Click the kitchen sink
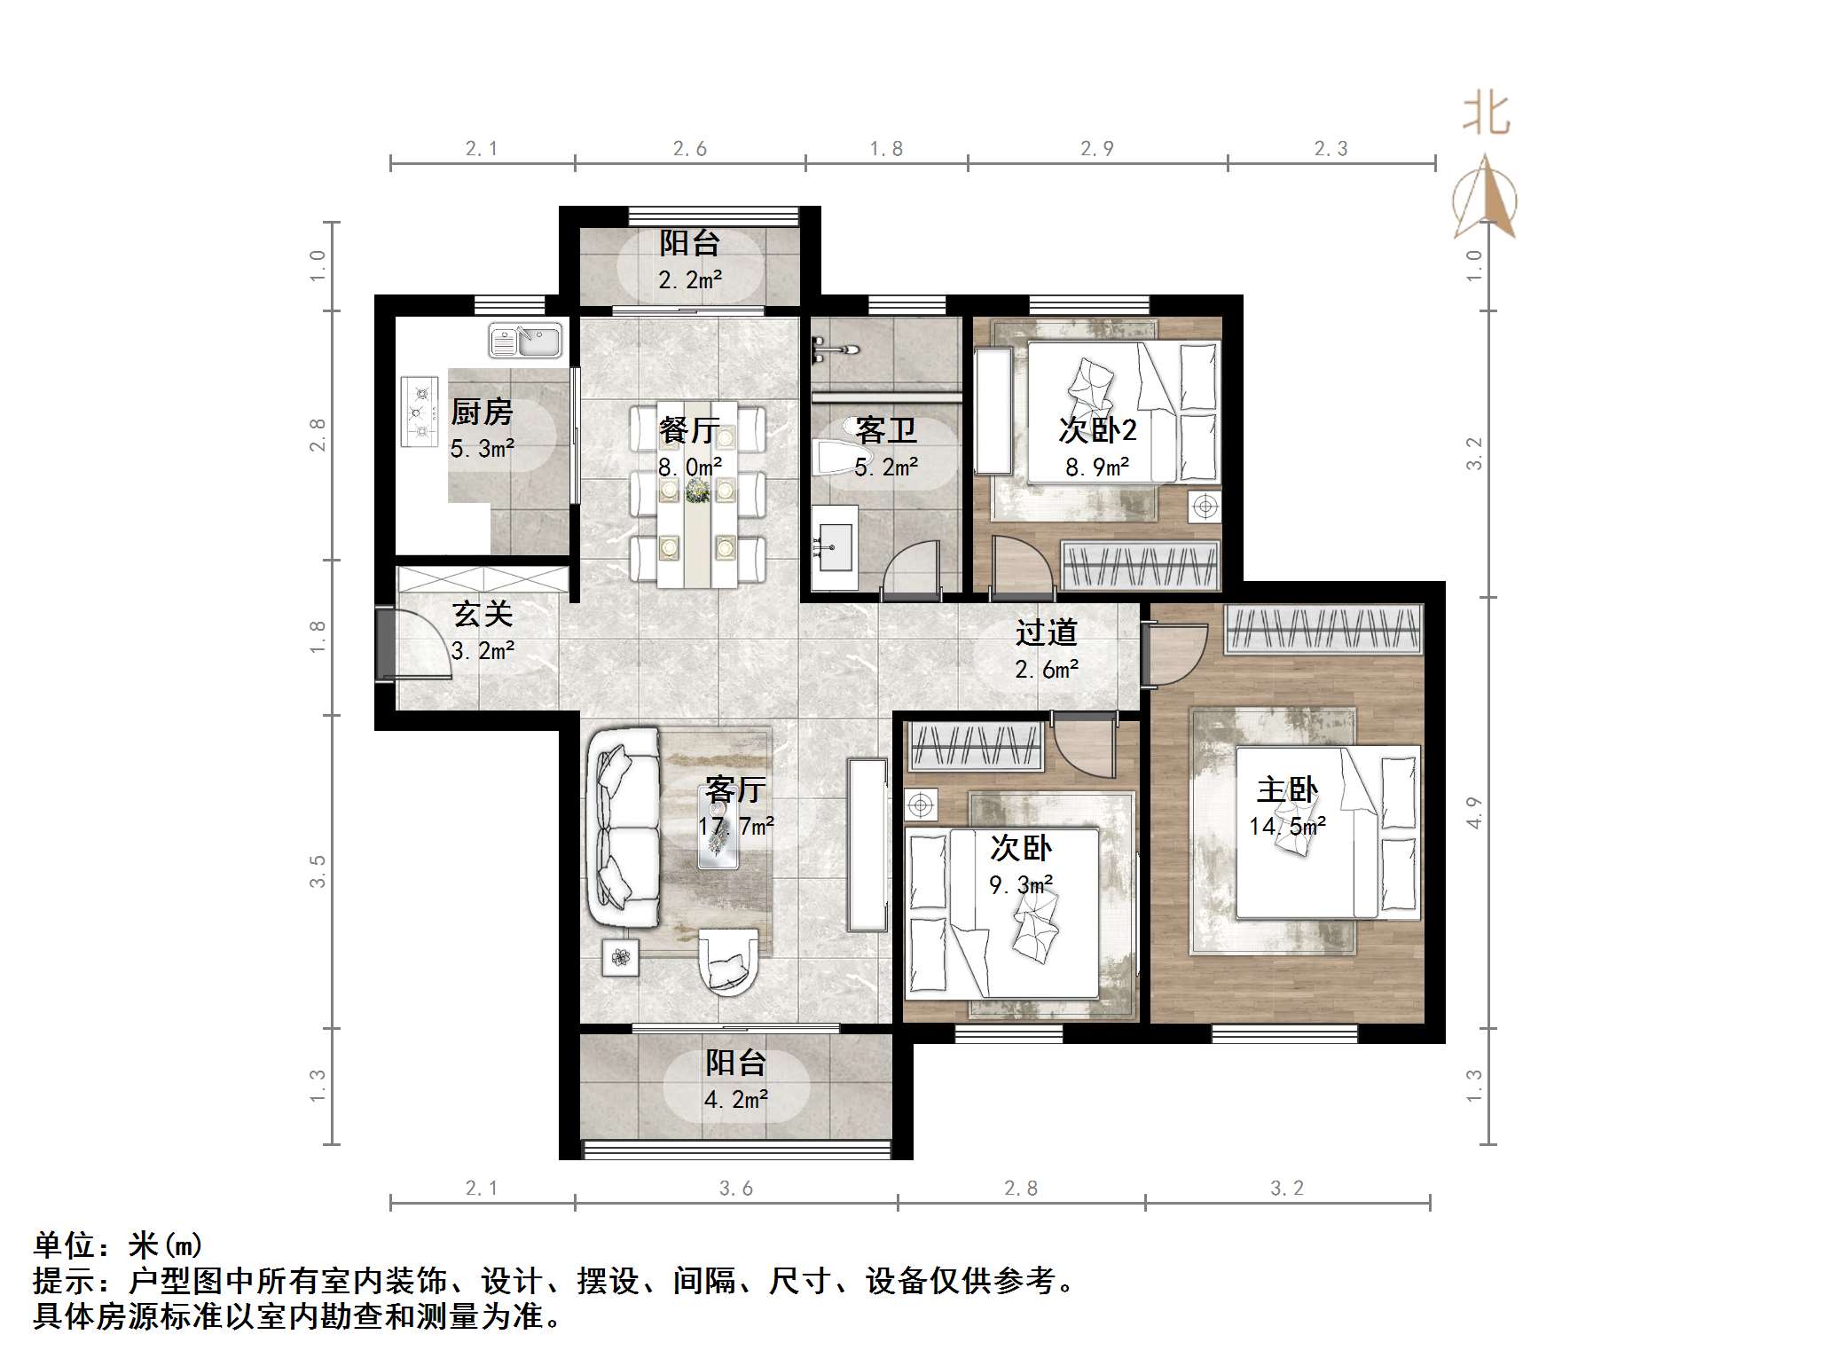(525, 341)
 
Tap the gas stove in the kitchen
(420, 412)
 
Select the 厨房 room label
(482, 412)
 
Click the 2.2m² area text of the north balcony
(690, 280)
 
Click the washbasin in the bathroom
(833, 548)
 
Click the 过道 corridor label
(1047, 632)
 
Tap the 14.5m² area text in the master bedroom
(1287, 827)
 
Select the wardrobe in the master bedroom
(1323, 630)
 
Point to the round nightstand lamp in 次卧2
(1205, 506)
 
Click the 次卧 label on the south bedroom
(1021, 848)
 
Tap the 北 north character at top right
(1487, 115)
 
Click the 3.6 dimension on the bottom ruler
(735, 1188)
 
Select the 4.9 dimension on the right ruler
(1473, 813)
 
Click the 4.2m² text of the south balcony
(735, 1100)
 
